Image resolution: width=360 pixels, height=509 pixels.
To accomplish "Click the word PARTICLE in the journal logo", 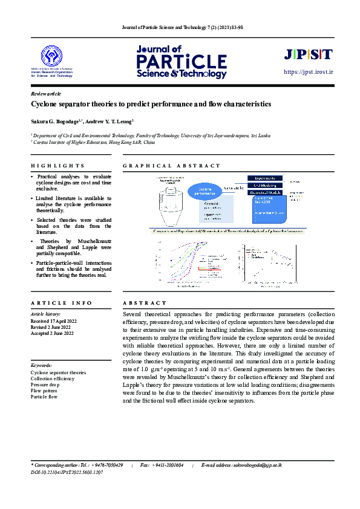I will [x=180, y=62].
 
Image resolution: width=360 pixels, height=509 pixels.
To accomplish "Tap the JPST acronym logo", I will [x=308, y=54].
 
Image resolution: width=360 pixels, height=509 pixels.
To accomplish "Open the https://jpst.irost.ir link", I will [x=309, y=73].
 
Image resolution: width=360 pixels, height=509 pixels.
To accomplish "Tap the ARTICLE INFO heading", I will [x=61, y=303].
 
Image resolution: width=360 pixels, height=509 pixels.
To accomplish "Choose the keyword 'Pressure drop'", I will [x=45, y=384].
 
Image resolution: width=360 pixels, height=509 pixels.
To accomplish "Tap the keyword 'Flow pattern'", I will [x=44, y=391].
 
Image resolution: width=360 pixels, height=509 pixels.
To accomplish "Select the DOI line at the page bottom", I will [x=67, y=472].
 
